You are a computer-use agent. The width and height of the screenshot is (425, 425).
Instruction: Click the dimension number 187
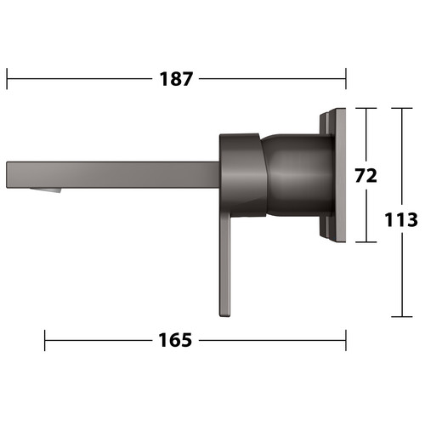coord(176,79)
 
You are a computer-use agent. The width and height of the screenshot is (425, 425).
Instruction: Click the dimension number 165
coord(175,340)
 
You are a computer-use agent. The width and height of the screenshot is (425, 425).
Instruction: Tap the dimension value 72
coord(366,176)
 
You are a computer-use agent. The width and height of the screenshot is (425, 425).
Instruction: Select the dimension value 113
coord(401,219)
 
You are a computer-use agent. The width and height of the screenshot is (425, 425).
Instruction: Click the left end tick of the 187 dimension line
coord(7,78)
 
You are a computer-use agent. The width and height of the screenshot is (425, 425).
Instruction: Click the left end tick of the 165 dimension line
coord(45,340)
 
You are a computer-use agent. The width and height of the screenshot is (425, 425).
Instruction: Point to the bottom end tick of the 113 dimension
coord(401,316)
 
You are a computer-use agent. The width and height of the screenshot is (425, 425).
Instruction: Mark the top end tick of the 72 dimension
coord(366,108)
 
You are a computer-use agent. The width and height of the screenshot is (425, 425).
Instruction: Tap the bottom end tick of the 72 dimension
coord(366,242)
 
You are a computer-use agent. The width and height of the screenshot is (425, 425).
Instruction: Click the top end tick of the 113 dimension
coord(401,108)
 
